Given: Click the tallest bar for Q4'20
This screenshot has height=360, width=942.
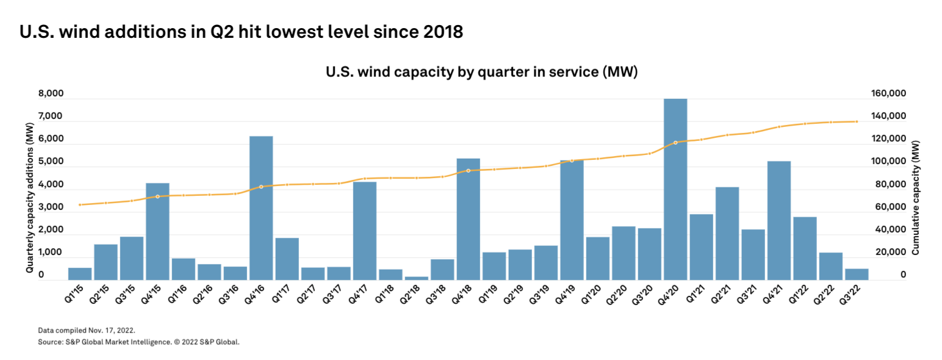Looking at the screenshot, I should click(x=675, y=189).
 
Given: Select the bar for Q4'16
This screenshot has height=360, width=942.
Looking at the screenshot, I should click(x=261, y=208).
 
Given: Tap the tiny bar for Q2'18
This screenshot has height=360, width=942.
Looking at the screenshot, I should click(x=417, y=278).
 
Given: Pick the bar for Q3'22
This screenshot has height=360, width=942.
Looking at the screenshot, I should click(x=857, y=274).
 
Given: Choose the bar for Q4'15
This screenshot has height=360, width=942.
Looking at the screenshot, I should click(x=157, y=231).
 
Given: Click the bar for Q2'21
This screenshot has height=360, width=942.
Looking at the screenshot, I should click(x=727, y=234).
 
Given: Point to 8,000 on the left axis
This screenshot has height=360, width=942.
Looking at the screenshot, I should click(x=51, y=94).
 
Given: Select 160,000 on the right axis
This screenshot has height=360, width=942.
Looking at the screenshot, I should click(x=885, y=94).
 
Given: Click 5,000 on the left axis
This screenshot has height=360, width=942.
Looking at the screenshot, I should click(x=51, y=162).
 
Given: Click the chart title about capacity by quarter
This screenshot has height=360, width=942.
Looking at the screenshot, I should click(x=481, y=73).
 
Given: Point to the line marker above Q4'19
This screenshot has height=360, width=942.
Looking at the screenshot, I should click(x=572, y=160).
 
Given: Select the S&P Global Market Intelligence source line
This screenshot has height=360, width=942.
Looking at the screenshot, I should click(x=138, y=342).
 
